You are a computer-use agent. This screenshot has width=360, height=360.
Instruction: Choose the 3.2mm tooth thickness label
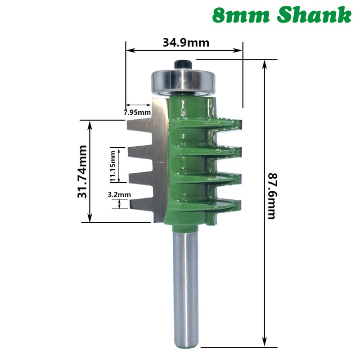(119, 194)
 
